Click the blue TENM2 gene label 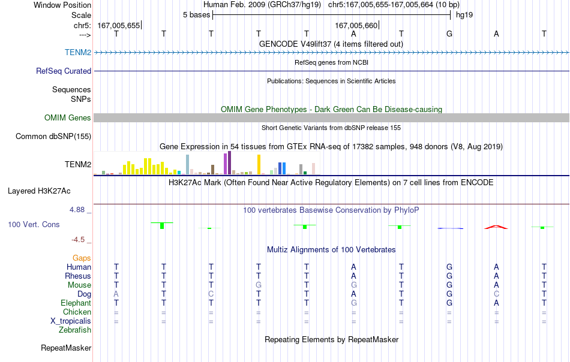pyautogui.click(x=78, y=52)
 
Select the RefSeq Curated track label pyautogui.click(x=64, y=71)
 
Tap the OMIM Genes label pyautogui.click(x=68, y=117)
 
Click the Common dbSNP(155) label pyautogui.click(x=53, y=136)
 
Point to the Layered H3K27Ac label pyautogui.click(x=39, y=191)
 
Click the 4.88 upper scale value pyautogui.click(x=77, y=210)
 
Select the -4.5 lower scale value pyautogui.click(x=78, y=240)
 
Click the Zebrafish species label pyautogui.click(x=75, y=330)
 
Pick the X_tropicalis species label pyautogui.click(x=71, y=321)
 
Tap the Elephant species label pyautogui.click(x=76, y=303)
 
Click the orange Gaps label pyautogui.click(x=82, y=258)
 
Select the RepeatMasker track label pyautogui.click(x=66, y=348)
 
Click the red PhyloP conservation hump pyautogui.click(x=496, y=227)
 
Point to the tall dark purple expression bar pyautogui.click(x=229, y=163)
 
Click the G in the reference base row pyautogui.click(x=449, y=34)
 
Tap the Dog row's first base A pyautogui.click(x=116, y=294)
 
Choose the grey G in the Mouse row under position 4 pyautogui.click(x=259, y=285)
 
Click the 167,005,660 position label pyautogui.click(x=356, y=25)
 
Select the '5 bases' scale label pyautogui.click(x=197, y=15)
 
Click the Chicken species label pyautogui.click(x=77, y=312)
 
